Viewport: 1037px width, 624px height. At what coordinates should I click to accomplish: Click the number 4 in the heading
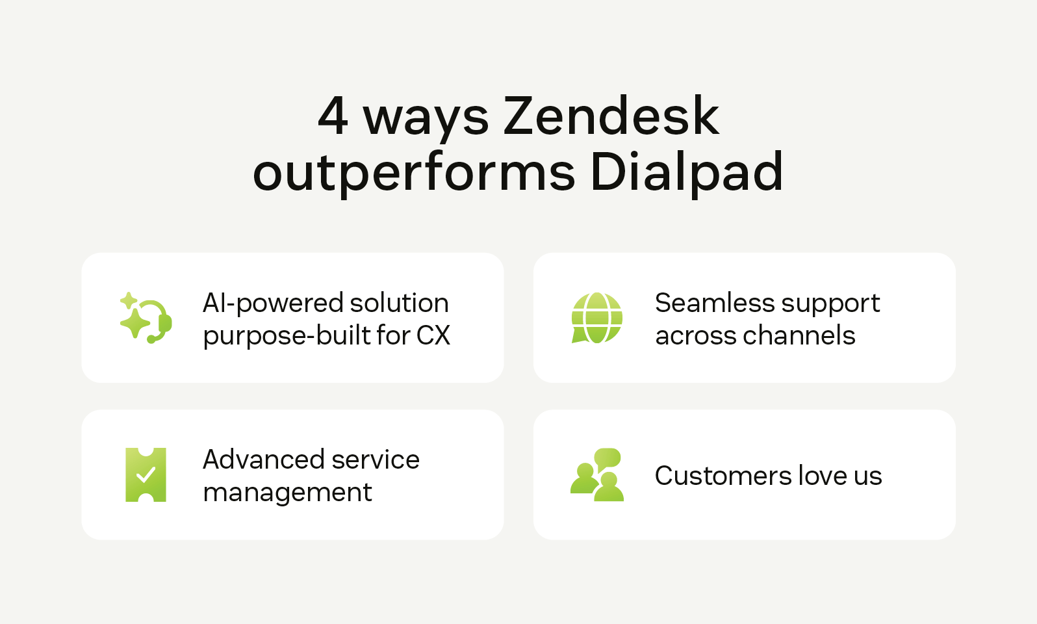333,116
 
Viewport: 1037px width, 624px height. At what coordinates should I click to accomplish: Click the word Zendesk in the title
611,116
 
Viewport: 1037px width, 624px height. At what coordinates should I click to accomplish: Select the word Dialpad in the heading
686,172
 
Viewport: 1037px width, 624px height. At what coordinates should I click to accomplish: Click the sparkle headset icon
146,318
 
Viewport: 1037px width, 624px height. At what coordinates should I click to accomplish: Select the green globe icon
596,318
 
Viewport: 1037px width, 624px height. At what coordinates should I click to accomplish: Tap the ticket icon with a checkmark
146,474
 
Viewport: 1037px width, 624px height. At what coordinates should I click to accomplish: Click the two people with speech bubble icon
596,474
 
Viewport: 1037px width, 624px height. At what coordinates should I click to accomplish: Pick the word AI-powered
272,304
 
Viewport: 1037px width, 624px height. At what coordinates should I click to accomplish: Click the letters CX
433,335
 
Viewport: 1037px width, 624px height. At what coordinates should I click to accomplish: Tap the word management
287,493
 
